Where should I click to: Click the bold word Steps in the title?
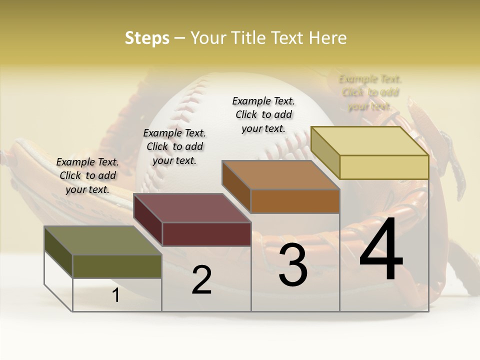(147, 38)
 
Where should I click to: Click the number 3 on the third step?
(293, 265)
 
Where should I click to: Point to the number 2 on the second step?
(201, 280)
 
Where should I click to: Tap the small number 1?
(116, 295)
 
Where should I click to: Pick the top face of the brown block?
(280, 175)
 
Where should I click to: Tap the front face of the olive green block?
(117, 266)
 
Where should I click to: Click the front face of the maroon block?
(206, 234)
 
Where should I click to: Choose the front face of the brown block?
(295, 201)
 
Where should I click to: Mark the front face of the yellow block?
(384, 167)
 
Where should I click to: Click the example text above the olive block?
(87, 175)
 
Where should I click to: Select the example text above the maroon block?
(174, 146)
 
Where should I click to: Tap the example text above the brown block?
(263, 114)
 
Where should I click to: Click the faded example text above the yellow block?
(370, 92)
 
